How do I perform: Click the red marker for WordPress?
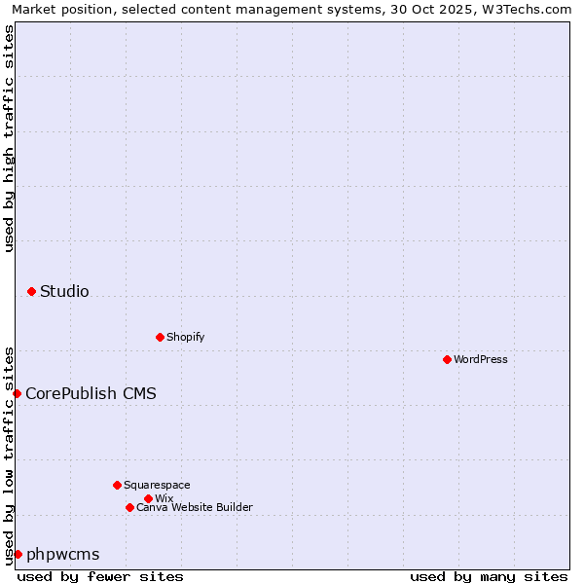click(x=447, y=359)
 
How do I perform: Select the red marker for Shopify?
click(x=160, y=337)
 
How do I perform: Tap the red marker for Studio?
click(x=31, y=291)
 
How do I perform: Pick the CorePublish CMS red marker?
click(x=17, y=393)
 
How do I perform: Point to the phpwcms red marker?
click(x=18, y=554)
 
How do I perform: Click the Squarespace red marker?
click(x=117, y=485)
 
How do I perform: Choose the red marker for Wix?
click(x=148, y=498)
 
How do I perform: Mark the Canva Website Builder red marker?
click(x=129, y=507)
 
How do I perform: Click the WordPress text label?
click(x=481, y=359)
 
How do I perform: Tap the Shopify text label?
click(x=185, y=337)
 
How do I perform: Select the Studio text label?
click(x=64, y=291)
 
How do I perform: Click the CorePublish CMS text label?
click(x=91, y=393)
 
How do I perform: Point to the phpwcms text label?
click(x=63, y=554)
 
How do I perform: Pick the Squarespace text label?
click(x=157, y=485)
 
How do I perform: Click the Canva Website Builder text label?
click(x=195, y=507)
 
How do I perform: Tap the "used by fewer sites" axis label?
click(x=100, y=576)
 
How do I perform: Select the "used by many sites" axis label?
click(x=489, y=576)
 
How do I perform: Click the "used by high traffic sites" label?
click(x=10, y=138)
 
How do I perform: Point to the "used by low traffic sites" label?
click(x=10, y=456)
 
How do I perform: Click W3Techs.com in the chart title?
click(x=529, y=9)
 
